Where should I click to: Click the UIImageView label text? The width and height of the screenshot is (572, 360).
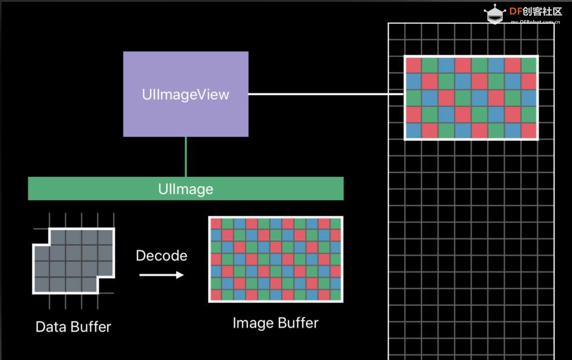(185, 94)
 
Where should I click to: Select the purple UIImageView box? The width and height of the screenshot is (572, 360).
(185, 94)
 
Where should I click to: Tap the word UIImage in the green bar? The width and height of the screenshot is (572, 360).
(185, 189)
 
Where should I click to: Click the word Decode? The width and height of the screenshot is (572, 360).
(162, 255)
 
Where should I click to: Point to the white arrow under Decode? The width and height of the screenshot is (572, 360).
(162, 275)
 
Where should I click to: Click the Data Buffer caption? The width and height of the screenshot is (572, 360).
(74, 327)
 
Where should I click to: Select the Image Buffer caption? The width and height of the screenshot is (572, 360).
(275, 323)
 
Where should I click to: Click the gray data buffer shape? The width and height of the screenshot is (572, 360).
(74, 261)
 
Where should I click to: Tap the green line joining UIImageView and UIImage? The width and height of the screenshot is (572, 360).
(185, 157)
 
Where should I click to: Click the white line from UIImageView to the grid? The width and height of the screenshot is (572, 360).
(326, 94)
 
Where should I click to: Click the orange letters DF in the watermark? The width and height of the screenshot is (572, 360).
(515, 12)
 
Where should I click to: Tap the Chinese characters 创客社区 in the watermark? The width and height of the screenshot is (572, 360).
(542, 12)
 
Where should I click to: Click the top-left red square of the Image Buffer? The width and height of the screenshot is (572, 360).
(216, 224)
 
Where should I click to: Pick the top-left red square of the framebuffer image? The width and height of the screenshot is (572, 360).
(413, 66)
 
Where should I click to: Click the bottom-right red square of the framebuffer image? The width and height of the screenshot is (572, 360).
(529, 130)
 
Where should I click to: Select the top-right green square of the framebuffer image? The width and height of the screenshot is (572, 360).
(529, 66)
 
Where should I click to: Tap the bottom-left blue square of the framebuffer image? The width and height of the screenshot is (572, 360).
(413, 130)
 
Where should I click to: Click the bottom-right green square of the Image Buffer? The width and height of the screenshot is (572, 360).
(336, 294)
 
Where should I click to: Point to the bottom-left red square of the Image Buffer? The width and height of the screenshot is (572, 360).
(216, 294)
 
